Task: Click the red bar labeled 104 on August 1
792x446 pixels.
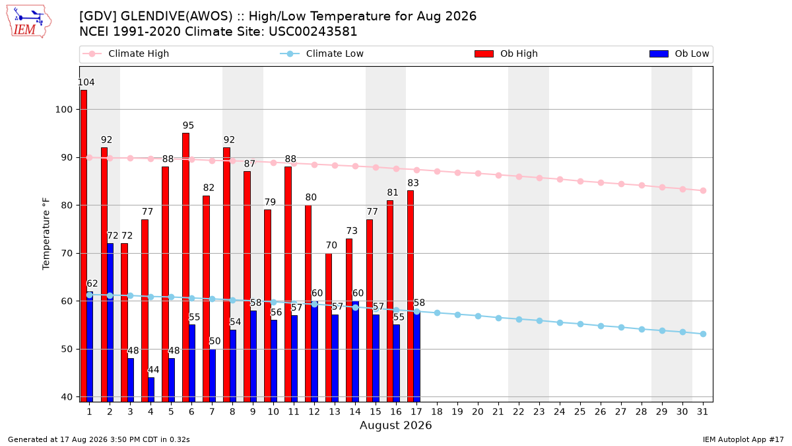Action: click(84, 246)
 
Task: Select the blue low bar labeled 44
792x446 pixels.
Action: click(151, 390)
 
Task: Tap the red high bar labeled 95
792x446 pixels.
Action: click(185, 268)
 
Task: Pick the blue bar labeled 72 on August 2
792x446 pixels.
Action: click(110, 323)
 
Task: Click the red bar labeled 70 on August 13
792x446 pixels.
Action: click(329, 328)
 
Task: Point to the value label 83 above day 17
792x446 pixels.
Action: click(413, 182)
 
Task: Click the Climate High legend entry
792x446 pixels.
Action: click(126, 54)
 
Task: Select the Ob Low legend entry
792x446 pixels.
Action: click(679, 54)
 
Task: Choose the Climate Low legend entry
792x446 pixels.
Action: click(322, 54)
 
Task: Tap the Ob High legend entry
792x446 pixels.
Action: click(506, 54)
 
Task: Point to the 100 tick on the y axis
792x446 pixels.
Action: click(63, 110)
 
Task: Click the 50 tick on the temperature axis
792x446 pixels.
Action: click(67, 350)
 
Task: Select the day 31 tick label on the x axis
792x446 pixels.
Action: click(702, 412)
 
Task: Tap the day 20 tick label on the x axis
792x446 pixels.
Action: click(478, 412)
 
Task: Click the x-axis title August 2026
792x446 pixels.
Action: click(395, 425)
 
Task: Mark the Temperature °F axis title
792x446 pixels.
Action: click(46, 234)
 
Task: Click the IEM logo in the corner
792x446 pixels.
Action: click(29, 22)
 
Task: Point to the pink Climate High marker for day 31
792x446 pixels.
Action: click(703, 191)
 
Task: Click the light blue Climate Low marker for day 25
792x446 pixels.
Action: click(580, 324)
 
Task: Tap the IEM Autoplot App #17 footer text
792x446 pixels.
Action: click(743, 439)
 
